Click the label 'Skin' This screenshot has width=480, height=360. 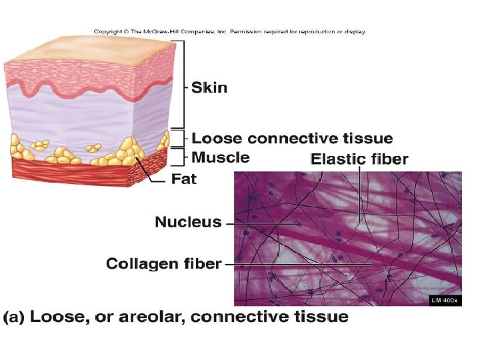(x=209, y=87)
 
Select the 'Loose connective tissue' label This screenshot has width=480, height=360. (x=292, y=139)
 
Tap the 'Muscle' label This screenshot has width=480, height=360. (x=220, y=157)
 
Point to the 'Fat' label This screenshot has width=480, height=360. (x=184, y=179)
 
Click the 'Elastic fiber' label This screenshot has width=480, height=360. (x=359, y=159)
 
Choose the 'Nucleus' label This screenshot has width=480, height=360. (x=188, y=222)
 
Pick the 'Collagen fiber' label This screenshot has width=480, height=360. (x=163, y=264)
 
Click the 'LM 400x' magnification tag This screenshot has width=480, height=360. (x=444, y=301)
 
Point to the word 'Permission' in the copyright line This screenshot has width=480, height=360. (x=249, y=31)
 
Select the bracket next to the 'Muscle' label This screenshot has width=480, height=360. (x=185, y=157)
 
